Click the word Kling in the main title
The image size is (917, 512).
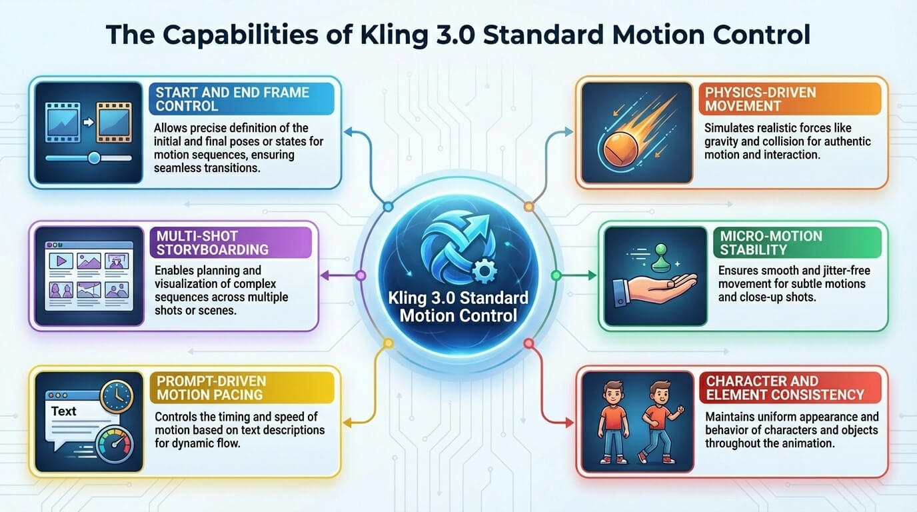[x=395, y=35]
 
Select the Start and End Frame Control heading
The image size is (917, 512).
[x=233, y=99]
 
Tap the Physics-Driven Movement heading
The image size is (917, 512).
[x=760, y=99]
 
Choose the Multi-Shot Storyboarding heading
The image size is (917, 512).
[x=213, y=243]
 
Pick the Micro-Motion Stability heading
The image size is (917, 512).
[x=771, y=243]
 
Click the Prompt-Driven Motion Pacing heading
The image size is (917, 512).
[x=211, y=388]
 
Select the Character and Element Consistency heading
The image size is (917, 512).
[x=785, y=388]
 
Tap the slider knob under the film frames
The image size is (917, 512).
[x=94, y=158]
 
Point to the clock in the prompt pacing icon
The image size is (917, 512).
[x=117, y=397]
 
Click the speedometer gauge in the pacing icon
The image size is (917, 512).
[x=115, y=445]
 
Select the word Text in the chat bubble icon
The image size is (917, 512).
[x=64, y=411]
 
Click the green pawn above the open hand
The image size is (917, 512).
[x=660, y=258]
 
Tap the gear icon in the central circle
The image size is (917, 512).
[x=484, y=271]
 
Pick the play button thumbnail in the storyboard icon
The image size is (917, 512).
[x=61, y=261]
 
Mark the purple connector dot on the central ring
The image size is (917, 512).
[x=361, y=275]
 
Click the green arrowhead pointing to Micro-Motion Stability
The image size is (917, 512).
[x=592, y=275]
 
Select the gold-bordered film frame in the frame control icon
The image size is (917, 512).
[x=114, y=123]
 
